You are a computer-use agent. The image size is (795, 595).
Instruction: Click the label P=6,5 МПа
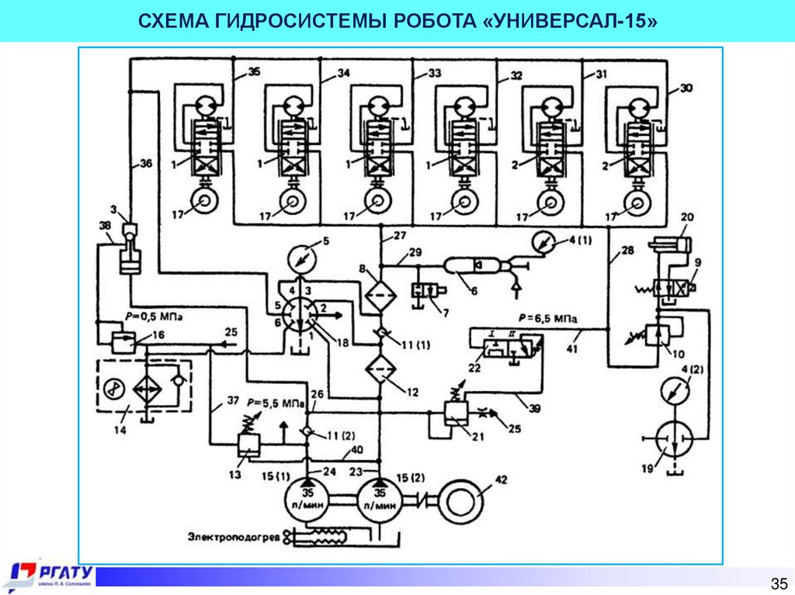pyautogui.click(x=547, y=318)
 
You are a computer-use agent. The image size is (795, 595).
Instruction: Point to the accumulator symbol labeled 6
pyautogui.click(x=471, y=265)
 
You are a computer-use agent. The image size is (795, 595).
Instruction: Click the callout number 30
pyautogui.click(x=686, y=87)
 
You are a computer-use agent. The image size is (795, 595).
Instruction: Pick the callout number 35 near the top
pyautogui.click(x=255, y=74)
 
